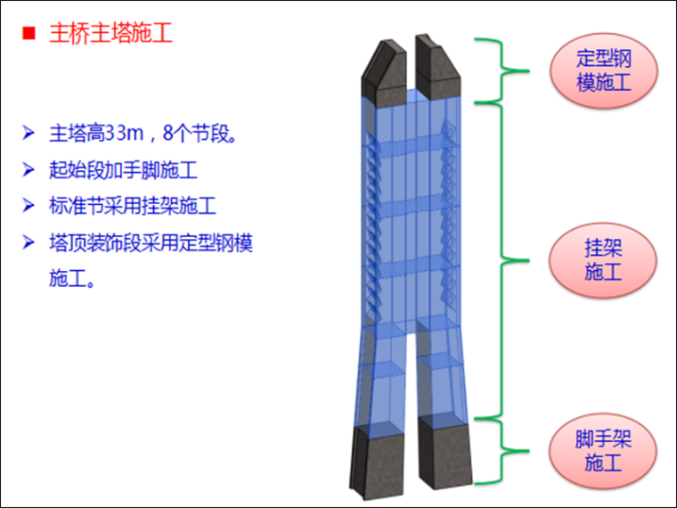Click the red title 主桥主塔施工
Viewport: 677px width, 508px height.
coord(110,35)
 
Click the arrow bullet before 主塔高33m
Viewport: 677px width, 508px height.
coord(29,135)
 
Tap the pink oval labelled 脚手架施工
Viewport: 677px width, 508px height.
coord(603,450)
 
